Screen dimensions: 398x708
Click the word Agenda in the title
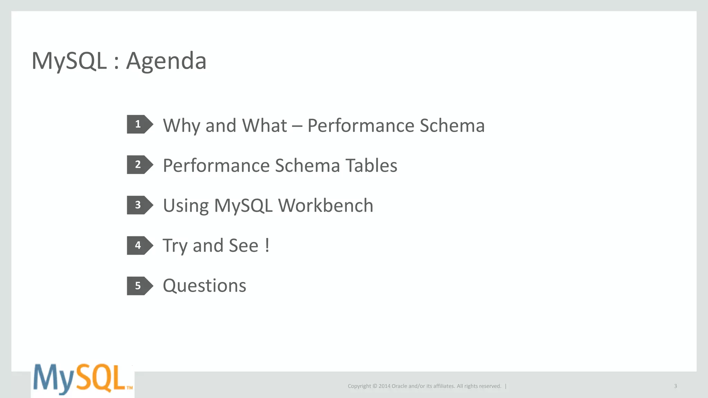point(166,61)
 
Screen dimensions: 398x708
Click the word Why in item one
point(181,125)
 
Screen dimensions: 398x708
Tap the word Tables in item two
point(371,165)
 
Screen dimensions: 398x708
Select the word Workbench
point(326,206)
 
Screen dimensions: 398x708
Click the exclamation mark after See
point(267,246)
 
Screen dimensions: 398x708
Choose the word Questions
point(204,286)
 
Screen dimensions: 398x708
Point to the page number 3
point(675,386)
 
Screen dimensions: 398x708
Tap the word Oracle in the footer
point(399,386)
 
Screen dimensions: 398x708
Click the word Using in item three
point(186,206)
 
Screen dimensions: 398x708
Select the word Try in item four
point(175,246)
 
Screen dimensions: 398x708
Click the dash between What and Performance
point(297,126)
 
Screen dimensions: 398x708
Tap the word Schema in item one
point(452,125)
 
